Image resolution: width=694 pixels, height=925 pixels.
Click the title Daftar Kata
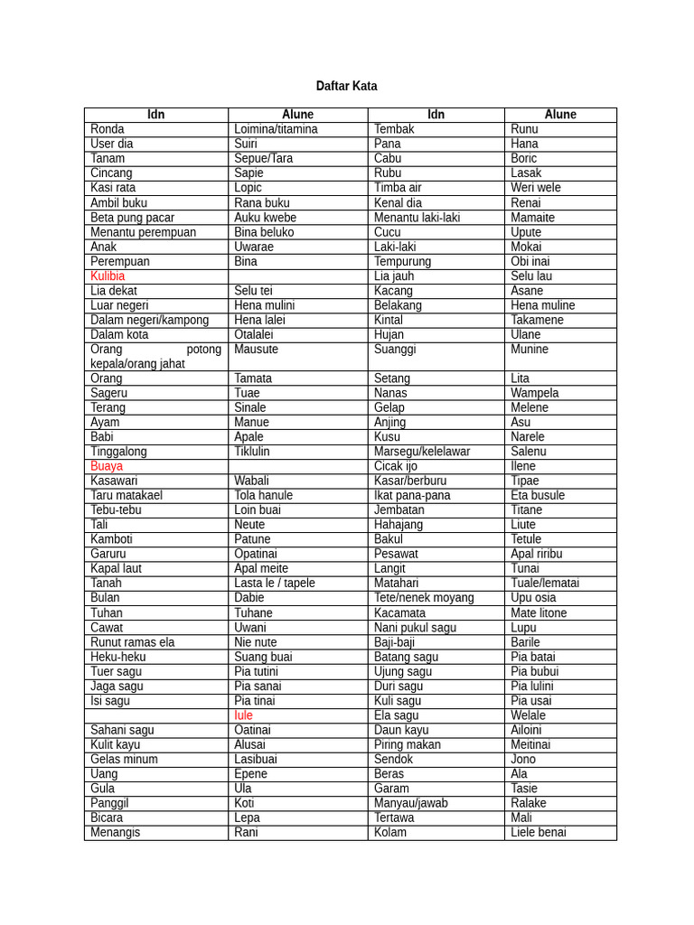pyautogui.click(x=346, y=86)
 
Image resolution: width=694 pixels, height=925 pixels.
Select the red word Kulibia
pyautogui.click(x=108, y=276)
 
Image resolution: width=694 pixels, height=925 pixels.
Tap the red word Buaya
pyautogui.click(x=107, y=466)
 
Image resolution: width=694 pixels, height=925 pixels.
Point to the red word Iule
pyautogui.click(x=243, y=715)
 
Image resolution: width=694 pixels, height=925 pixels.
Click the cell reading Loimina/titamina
pyautogui.click(x=276, y=129)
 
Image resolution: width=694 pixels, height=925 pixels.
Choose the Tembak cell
pyautogui.click(x=394, y=129)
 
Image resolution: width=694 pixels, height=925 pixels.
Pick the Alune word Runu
pyautogui.click(x=524, y=129)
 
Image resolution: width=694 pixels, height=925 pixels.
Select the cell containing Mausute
pyautogui.click(x=256, y=349)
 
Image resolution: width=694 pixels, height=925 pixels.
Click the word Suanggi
pyautogui.click(x=395, y=349)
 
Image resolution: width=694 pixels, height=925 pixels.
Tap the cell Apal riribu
pyautogui.click(x=536, y=554)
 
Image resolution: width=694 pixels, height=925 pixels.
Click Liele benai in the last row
pyautogui.click(x=539, y=832)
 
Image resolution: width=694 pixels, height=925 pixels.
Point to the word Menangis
pyautogui.click(x=116, y=832)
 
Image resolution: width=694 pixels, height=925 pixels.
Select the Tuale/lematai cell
pyautogui.click(x=545, y=583)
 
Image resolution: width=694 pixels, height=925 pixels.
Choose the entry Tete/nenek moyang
pyautogui.click(x=424, y=598)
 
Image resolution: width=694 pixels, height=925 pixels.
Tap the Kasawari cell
pyautogui.click(x=114, y=481)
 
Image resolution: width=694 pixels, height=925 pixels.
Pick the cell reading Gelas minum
pyautogui.click(x=124, y=759)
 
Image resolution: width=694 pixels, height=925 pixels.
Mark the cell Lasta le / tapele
pyautogui.click(x=275, y=583)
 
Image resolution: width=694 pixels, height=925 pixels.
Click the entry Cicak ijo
pyautogui.click(x=396, y=466)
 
